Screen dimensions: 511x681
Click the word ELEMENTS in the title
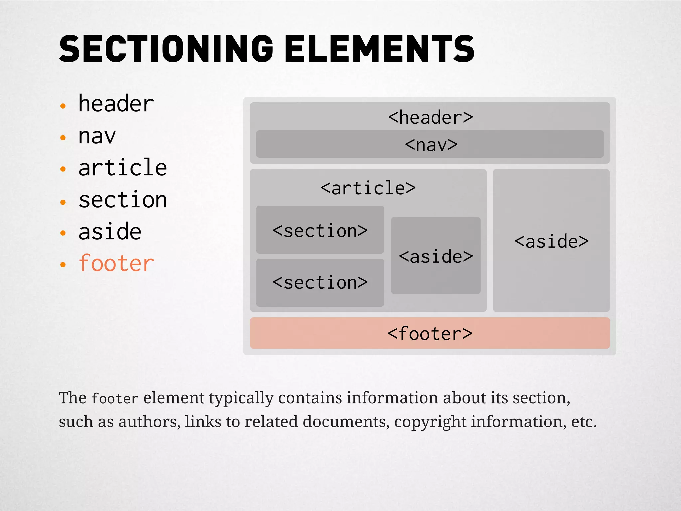click(x=379, y=49)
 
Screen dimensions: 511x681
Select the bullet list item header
click(x=116, y=104)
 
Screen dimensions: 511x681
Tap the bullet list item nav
click(x=97, y=136)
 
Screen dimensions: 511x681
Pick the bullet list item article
click(x=122, y=168)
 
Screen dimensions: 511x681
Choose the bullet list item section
click(x=122, y=200)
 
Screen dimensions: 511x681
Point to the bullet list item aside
click(x=110, y=232)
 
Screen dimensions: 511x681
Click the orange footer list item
click(x=116, y=263)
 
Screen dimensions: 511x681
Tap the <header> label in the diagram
click(x=430, y=117)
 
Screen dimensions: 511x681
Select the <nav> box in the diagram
click(x=430, y=144)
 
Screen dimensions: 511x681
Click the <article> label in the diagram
click(x=368, y=188)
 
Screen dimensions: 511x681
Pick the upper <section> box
click(x=320, y=230)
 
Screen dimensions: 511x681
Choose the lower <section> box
click(x=320, y=283)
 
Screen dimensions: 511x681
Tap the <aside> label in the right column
click(x=551, y=241)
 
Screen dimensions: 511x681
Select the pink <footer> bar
click(x=430, y=333)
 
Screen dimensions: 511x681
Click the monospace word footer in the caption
click(x=115, y=399)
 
